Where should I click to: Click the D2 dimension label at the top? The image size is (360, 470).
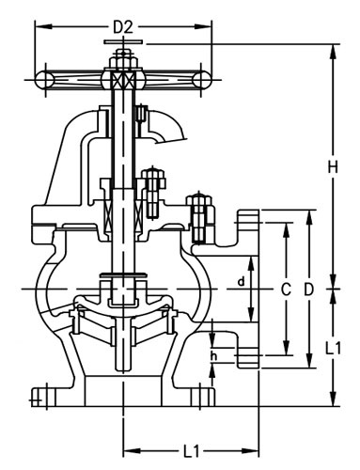coord(122,26)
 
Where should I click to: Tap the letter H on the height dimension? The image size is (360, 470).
coord(332,167)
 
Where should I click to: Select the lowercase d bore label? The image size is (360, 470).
coord(241,281)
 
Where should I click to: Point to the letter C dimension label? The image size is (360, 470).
coord(285,290)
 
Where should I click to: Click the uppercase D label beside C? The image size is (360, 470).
coord(308,290)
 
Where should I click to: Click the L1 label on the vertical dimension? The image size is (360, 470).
coord(333,347)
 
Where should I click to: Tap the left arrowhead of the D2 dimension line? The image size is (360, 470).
coord(40,26)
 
